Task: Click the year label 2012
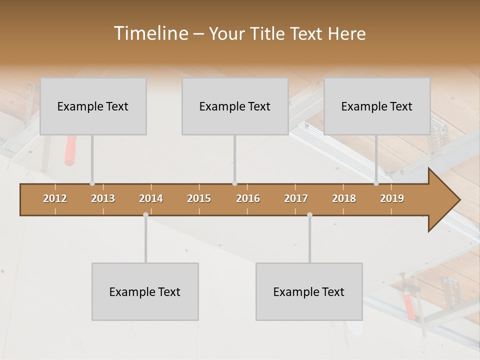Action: pos(55,198)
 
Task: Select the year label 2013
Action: pos(103,198)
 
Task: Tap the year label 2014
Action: pos(151,198)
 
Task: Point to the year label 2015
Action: pos(199,198)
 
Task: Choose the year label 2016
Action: pos(248,198)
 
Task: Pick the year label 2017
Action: pos(296,198)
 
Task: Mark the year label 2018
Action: pos(344,198)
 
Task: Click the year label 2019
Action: pos(392,198)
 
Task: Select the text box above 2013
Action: pos(93,106)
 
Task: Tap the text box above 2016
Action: pos(235,106)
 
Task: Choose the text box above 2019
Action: pos(377,106)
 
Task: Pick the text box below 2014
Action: pos(145,291)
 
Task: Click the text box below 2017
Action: pos(309,291)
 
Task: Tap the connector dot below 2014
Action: pos(145,215)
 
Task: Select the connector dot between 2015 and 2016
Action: pos(234,183)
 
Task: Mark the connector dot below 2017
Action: pos(309,215)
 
